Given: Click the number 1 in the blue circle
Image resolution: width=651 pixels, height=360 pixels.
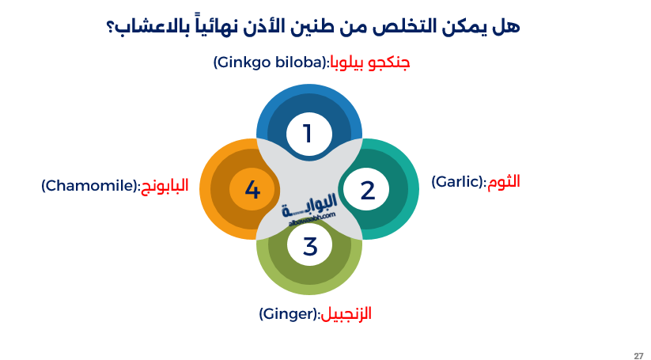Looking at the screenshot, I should pos(308,133).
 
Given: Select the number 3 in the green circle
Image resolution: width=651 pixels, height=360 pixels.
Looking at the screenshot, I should pos(309,246).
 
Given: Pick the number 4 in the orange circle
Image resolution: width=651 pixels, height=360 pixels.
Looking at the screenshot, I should pos(252,191).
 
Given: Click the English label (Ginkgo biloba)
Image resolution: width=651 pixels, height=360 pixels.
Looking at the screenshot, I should pos(270,62).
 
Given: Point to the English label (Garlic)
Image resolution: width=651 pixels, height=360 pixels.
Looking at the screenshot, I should pos(459,181).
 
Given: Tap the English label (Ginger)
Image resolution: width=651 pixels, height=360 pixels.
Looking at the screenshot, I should pos(289,314).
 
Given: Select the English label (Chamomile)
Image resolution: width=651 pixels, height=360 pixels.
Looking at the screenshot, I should pos(90,186).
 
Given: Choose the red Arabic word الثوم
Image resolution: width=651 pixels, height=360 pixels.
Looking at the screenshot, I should pos(504,181).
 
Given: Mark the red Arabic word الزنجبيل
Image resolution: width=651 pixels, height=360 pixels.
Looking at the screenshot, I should pos(346,314).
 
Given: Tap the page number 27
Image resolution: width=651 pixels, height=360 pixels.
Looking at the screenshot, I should pos(638,355).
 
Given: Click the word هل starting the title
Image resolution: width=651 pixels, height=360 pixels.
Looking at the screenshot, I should pos(510,26).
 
